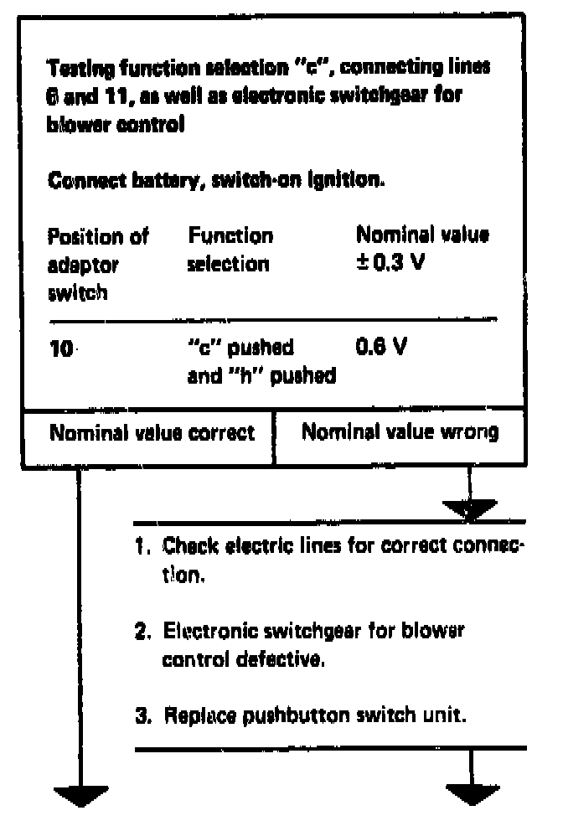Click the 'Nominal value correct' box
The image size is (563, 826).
tap(151, 434)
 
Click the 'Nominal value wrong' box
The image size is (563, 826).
tap(400, 434)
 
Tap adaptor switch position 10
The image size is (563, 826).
tap(61, 348)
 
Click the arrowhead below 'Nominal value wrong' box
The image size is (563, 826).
tap(470, 507)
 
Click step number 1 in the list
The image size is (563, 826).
tap(141, 548)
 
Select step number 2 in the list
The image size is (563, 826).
tap(141, 629)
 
